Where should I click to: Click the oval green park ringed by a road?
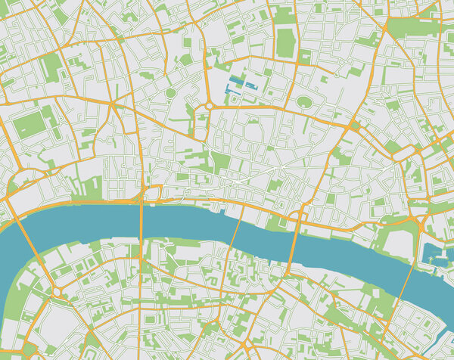click(x=304, y=101)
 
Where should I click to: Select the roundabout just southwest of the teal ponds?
click(x=208, y=107)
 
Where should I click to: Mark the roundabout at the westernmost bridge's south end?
click(x=58, y=292)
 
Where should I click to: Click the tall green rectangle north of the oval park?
click(x=285, y=43)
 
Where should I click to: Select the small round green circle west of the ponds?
click(x=171, y=93)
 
